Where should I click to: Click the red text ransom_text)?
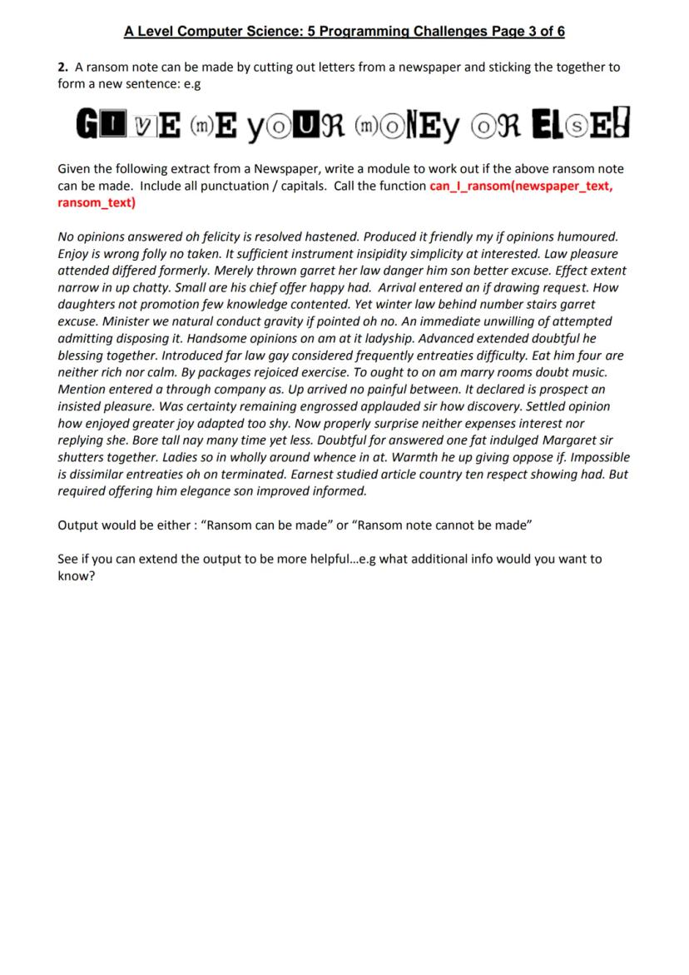[97, 202]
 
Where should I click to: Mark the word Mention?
[83, 390]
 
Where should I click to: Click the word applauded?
[371, 406]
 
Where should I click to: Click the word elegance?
[221, 491]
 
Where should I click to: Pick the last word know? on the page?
[76, 575]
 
